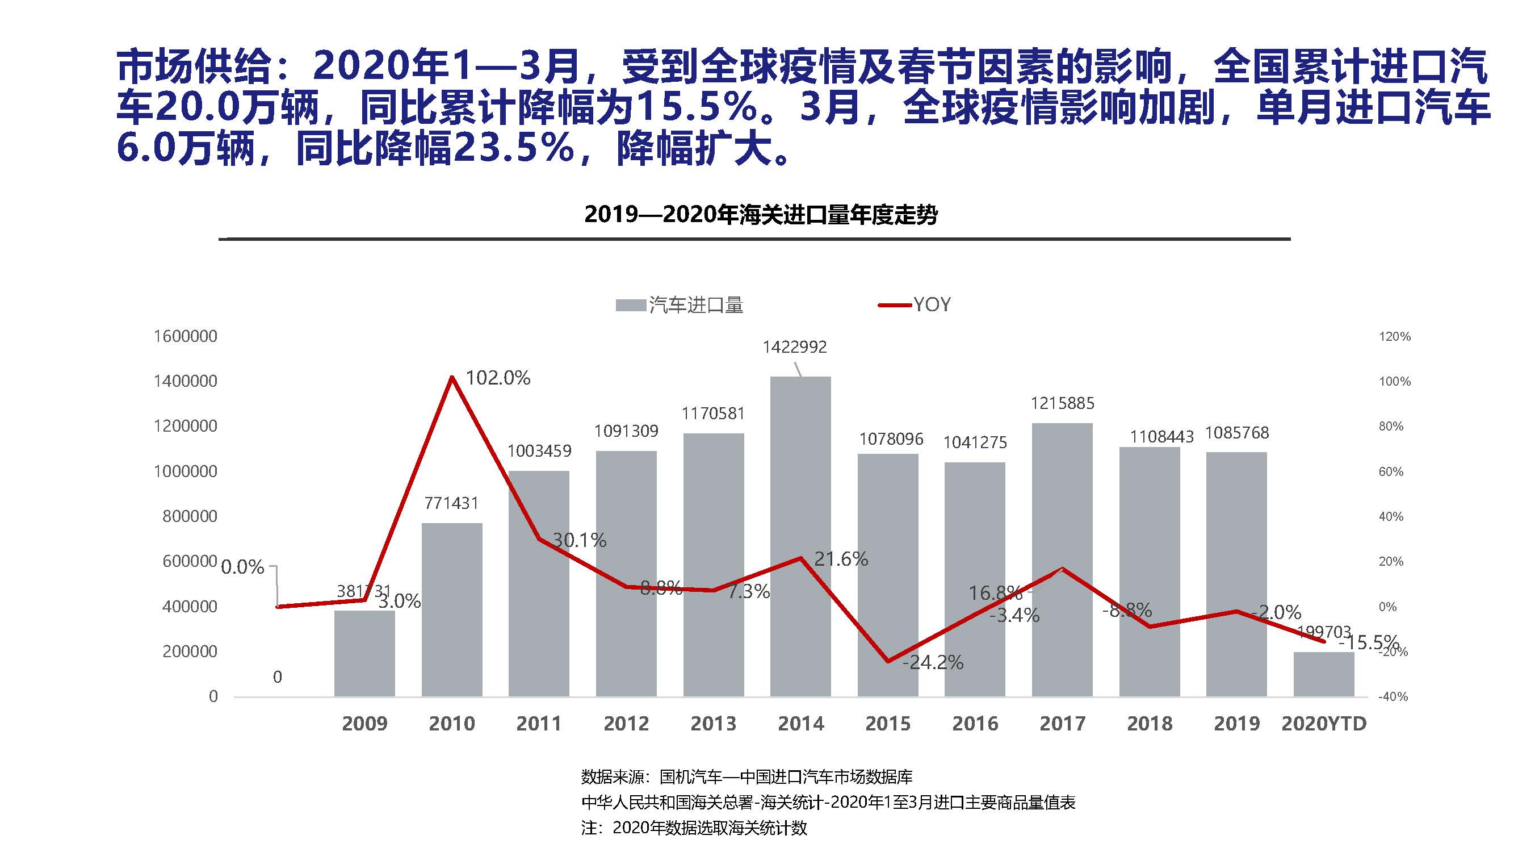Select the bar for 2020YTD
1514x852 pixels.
[x=1324, y=674]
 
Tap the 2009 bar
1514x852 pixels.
[x=364, y=653]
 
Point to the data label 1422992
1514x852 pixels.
[x=795, y=347]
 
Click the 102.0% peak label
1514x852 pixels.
[x=498, y=378]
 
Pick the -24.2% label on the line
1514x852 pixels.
[x=933, y=663]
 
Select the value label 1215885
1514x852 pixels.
[x=1062, y=403]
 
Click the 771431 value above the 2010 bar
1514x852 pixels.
[x=451, y=503]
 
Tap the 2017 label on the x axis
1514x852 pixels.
[x=1062, y=723]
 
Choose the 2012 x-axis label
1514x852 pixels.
[x=626, y=723]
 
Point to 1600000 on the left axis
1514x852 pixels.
[x=185, y=336]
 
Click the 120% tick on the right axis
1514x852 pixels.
[x=1394, y=336]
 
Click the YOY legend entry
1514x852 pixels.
[x=931, y=304]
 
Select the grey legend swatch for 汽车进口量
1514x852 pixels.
[x=631, y=305]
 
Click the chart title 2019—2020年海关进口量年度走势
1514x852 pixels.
[x=761, y=215]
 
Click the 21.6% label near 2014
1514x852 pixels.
[x=841, y=558]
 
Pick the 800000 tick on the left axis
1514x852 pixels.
[x=189, y=516]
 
